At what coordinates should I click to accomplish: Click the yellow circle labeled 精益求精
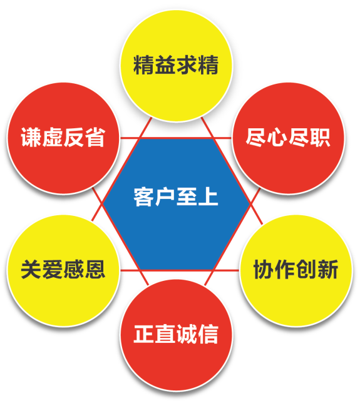[x=177, y=66]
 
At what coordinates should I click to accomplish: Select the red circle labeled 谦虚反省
[x=63, y=138]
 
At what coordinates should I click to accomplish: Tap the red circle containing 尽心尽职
[x=289, y=138]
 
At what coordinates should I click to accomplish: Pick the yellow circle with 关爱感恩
[x=63, y=270]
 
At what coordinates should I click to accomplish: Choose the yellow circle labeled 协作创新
[x=296, y=270]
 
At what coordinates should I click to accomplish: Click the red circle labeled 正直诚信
[x=177, y=335]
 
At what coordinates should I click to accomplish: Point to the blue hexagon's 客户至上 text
[x=176, y=197]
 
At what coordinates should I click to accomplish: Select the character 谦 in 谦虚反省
[x=31, y=137]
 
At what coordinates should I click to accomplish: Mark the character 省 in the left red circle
[x=95, y=137]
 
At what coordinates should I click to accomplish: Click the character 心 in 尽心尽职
[x=277, y=137]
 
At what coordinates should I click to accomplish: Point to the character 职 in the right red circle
[x=320, y=137]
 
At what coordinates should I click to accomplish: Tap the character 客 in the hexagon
[x=144, y=197]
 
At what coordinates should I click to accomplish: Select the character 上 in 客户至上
[x=208, y=197]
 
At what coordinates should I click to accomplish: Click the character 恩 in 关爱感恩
[x=95, y=269]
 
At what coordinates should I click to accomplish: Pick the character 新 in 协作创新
[x=328, y=269]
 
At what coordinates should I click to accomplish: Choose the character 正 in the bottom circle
[x=144, y=334]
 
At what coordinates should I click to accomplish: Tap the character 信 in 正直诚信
[x=208, y=334]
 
